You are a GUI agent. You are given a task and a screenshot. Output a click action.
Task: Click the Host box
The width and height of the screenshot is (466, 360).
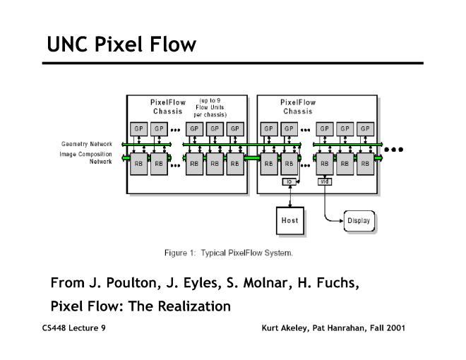pos(289,220)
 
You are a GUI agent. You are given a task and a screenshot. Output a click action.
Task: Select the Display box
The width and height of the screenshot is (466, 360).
pos(358,221)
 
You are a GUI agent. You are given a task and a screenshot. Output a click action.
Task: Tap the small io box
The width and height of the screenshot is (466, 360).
pos(288,182)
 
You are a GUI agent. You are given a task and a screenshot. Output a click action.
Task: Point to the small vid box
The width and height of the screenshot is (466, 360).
pos(325,181)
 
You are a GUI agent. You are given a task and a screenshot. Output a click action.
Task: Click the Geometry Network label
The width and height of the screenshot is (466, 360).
pos(86,144)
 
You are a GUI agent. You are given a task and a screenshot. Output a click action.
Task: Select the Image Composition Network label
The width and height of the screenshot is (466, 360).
pos(86,157)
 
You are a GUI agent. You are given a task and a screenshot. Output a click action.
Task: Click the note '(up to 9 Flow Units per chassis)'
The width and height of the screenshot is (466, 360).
pos(210,107)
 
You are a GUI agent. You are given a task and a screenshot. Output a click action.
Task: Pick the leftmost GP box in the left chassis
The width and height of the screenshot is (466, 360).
pos(138,129)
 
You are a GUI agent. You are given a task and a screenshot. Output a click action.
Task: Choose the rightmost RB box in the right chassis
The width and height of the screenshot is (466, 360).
pos(364,163)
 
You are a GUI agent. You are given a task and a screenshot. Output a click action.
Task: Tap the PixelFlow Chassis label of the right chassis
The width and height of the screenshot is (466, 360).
pos(298,107)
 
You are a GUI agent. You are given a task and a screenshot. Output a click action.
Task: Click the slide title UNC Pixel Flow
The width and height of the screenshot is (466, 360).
pos(121,44)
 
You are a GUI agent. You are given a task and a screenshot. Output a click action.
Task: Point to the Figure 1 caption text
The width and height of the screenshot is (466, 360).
pos(228,253)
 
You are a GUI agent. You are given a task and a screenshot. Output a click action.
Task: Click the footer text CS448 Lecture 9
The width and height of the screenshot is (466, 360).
pos(74,328)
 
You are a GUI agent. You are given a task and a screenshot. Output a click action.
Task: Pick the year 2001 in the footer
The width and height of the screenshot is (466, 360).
pos(393,328)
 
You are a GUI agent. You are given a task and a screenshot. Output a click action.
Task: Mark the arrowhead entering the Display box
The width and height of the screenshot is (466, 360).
pos(341,221)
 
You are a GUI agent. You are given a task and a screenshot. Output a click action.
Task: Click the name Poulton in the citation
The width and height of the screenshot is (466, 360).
pos(117,284)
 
